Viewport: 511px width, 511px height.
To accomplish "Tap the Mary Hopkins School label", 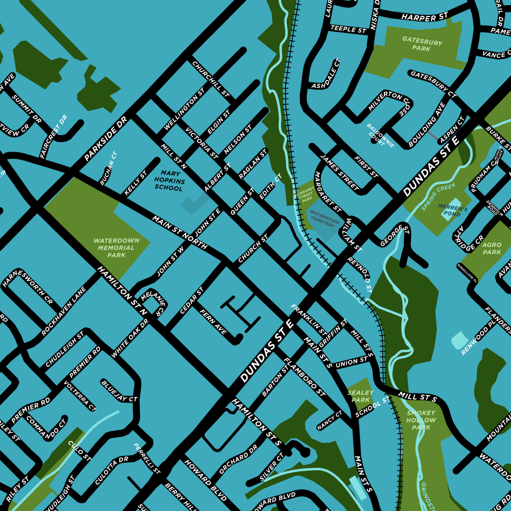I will [169, 180].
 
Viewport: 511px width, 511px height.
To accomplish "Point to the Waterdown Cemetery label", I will [324, 220].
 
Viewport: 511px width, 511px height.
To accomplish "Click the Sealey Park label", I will [361, 396].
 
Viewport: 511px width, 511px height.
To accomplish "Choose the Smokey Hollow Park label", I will [421, 420].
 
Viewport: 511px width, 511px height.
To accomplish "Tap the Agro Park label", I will [492, 248].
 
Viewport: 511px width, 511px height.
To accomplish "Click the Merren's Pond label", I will [453, 211].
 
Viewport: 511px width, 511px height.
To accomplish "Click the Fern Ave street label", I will [213, 321].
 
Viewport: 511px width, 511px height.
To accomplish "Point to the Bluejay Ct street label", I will [120, 391].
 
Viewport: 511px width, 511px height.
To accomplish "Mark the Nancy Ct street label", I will [330, 421].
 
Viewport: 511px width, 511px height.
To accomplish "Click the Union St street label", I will [351, 362].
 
